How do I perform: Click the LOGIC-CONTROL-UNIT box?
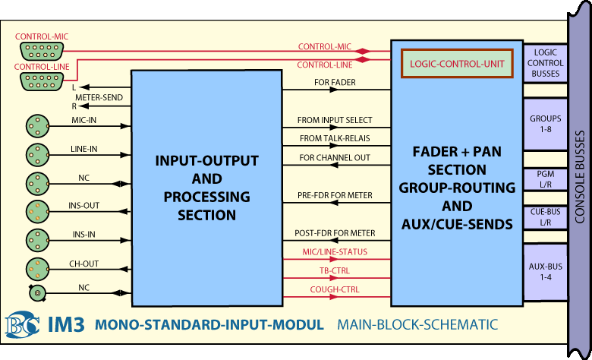pyautogui.click(x=457, y=65)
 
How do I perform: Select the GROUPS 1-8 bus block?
pyautogui.click(x=545, y=125)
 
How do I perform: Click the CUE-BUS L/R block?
pyautogui.click(x=545, y=217)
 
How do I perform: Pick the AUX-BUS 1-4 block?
pyautogui.click(x=545, y=271)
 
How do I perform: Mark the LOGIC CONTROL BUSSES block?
pyautogui.click(x=545, y=63)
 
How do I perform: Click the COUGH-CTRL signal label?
pyautogui.click(x=333, y=289)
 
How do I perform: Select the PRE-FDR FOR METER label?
pyautogui.click(x=335, y=196)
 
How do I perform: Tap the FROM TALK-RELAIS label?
pyautogui.click(x=335, y=138)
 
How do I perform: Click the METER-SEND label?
pyautogui.click(x=93, y=97)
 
